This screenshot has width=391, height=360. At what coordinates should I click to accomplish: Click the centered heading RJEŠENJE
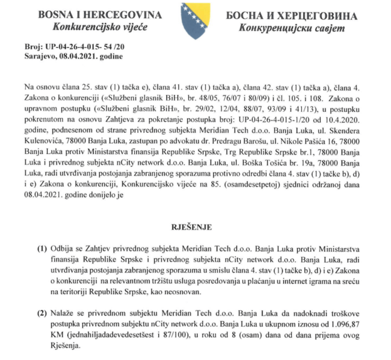(x=195, y=228)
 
